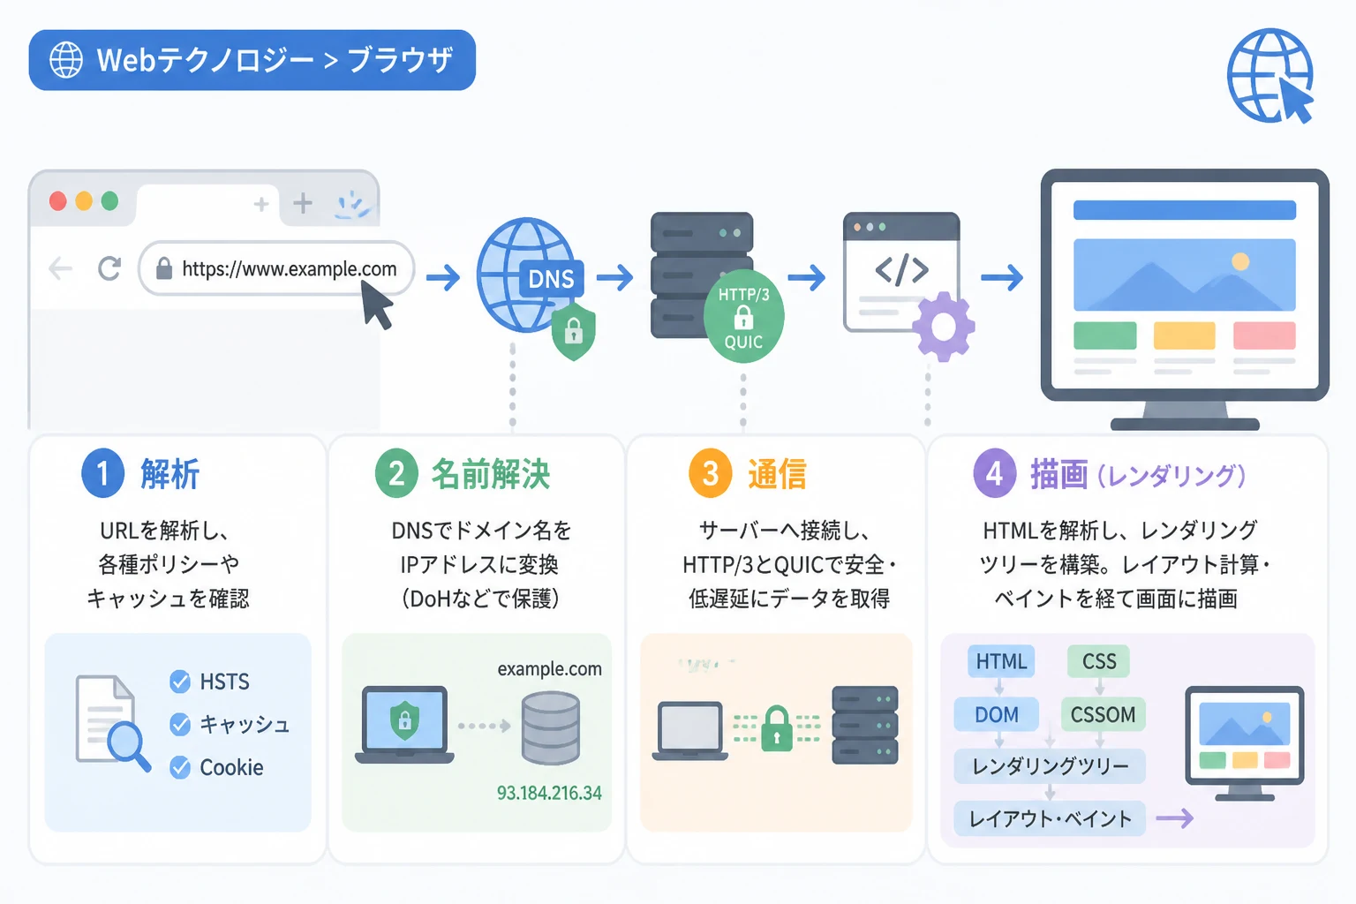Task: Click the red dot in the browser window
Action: [58, 201]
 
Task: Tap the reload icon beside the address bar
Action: [109, 268]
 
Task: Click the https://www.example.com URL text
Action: [290, 269]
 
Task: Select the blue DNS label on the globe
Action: [552, 279]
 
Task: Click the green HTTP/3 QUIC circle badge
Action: [743, 317]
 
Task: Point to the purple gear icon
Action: [943, 327]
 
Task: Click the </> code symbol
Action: [901, 270]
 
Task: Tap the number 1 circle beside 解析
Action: [103, 473]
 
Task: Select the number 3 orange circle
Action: [710, 473]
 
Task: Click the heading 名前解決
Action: [490, 474]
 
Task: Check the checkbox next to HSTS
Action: [180, 682]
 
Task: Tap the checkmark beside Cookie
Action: [180, 767]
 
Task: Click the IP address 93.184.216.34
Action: [549, 793]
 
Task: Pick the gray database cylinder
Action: [551, 728]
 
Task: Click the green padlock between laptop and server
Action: [777, 728]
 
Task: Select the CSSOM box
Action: [1103, 714]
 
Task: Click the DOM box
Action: [997, 714]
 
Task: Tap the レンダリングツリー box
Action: [1050, 766]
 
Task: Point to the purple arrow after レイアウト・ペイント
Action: [1174, 818]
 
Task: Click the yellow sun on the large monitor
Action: [1240, 261]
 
